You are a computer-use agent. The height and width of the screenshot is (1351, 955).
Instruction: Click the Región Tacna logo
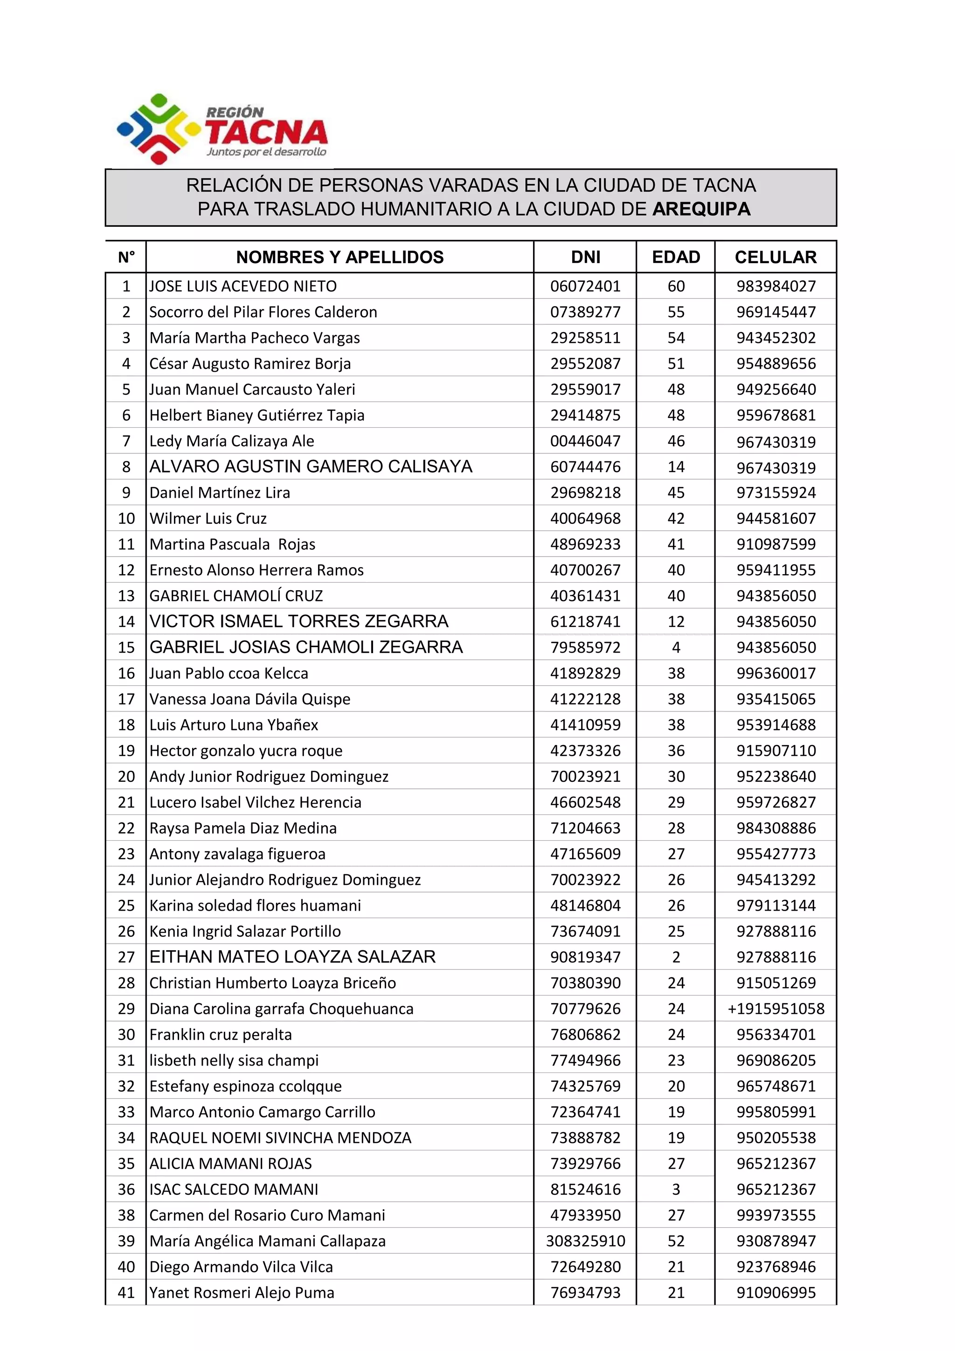click(222, 129)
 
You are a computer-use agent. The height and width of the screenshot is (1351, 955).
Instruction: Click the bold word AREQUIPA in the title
click(701, 209)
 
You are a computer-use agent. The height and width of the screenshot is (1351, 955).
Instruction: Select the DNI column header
click(585, 257)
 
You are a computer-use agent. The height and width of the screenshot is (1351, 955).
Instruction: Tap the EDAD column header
click(676, 257)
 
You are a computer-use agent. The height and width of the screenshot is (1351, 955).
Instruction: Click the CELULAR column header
click(775, 257)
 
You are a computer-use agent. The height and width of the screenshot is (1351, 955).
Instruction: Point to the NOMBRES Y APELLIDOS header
click(339, 257)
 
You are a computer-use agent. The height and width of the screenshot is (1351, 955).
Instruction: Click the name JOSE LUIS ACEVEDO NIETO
click(243, 286)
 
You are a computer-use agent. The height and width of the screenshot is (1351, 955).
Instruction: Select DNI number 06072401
click(585, 286)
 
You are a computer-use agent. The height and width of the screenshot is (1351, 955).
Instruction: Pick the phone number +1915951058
click(775, 1009)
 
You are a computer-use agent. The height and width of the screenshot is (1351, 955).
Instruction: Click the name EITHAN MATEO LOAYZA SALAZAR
click(292, 957)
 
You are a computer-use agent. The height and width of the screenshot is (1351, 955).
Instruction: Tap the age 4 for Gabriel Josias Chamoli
click(676, 647)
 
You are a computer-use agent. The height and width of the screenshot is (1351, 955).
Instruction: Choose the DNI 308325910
click(585, 1241)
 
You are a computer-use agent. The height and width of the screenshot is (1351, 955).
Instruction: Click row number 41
click(126, 1293)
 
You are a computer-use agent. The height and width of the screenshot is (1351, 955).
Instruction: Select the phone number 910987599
click(775, 544)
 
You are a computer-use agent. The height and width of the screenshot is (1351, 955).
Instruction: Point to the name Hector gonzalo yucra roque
click(246, 751)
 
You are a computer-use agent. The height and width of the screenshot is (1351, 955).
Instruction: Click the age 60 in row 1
click(676, 286)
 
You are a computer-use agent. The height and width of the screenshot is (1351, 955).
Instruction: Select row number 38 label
click(126, 1215)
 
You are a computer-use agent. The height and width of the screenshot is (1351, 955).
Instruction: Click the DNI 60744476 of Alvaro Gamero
click(585, 467)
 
